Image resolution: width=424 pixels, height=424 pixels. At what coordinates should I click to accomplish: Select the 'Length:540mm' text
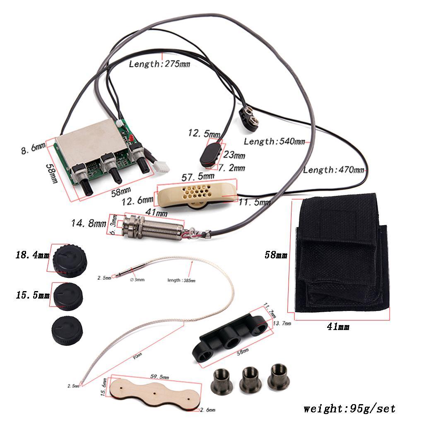tap(274, 142)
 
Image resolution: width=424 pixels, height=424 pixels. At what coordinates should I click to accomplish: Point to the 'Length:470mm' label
tap(334, 170)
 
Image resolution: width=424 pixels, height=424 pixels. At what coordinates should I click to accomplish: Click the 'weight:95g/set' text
tap(349, 409)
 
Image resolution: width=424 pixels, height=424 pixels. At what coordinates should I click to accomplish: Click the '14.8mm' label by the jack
tap(88, 224)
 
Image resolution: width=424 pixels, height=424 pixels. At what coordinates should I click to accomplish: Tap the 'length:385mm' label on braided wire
tap(181, 280)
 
